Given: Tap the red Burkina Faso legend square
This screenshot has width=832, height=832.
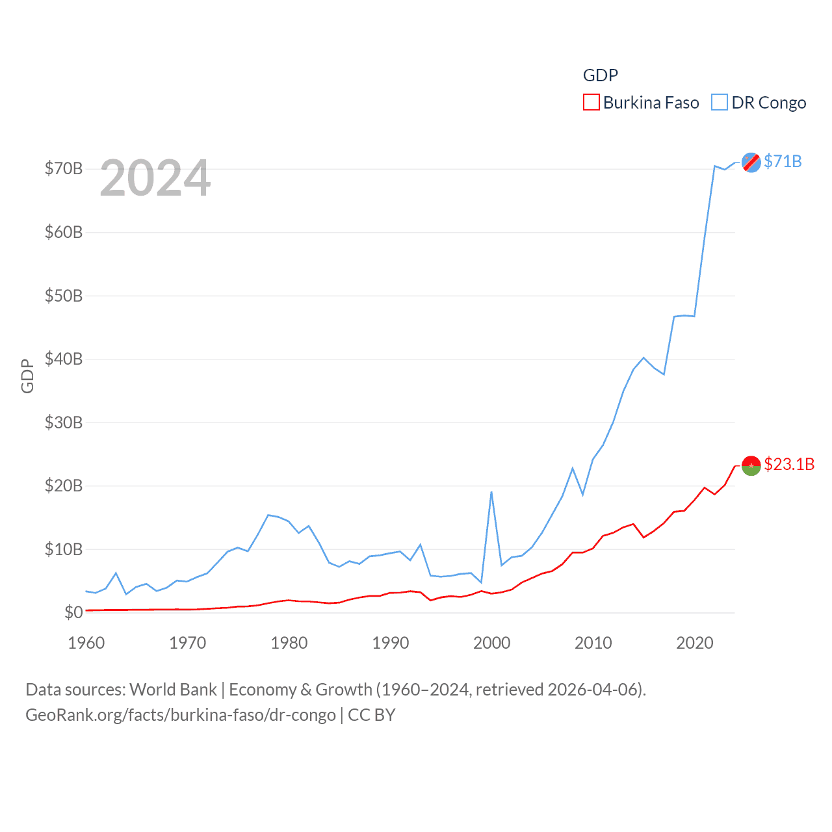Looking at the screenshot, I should [x=591, y=103].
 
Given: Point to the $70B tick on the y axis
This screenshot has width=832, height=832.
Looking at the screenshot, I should [x=64, y=169].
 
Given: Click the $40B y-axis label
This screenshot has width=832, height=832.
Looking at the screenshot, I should [x=64, y=359].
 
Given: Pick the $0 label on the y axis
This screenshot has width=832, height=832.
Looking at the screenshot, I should [x=73, y=612].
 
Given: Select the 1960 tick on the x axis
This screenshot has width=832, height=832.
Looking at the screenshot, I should [x=86, y=643].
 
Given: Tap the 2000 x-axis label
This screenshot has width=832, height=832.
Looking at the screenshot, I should [x=492, y=643].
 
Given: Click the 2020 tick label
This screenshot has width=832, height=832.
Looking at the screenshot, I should [x=695, y=643].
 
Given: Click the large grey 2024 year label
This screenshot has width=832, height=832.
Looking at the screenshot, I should [x=155, y=178].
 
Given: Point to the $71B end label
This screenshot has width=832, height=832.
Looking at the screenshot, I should [x=783, y=161].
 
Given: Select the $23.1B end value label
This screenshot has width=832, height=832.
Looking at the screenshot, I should [x=789, y=464].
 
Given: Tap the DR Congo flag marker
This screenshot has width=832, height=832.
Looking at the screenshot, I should [x=751, y=162].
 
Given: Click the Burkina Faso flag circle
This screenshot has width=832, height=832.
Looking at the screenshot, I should [x=751, y=465].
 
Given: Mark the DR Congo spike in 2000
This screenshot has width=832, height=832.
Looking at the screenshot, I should [x=491, y=492].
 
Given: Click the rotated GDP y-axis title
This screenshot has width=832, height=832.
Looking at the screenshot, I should [x=27, y=376].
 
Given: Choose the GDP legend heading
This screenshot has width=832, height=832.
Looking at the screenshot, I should [x=600, y=75].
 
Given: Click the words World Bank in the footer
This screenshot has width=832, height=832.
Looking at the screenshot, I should [x=173, y=689].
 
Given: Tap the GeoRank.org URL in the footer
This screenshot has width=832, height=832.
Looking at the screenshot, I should [x=181, y=715].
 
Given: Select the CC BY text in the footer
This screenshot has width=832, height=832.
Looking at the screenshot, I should [x=372, y=715].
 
